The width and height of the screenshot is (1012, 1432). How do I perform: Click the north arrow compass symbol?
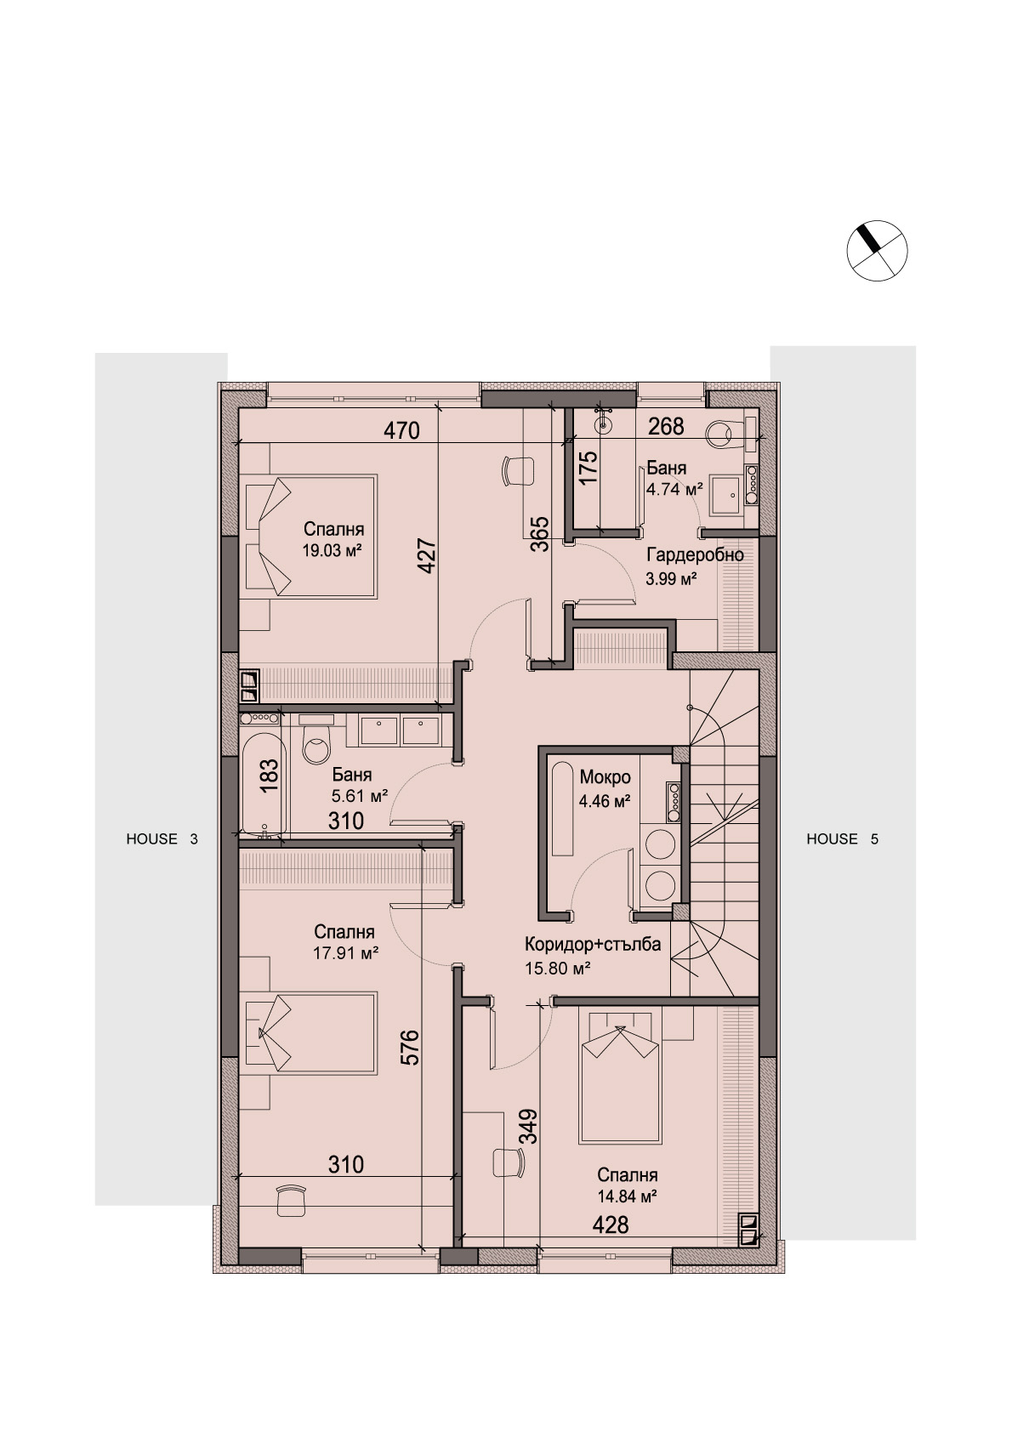coord(877,251)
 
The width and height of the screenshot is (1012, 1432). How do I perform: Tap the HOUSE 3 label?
coord(162,838)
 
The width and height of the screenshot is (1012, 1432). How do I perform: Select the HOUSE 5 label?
coord(843,838)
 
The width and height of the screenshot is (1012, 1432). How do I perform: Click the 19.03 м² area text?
coord(333,550)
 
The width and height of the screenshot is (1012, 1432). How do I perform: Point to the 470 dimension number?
coord(401,430)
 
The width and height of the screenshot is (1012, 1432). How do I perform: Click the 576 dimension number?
coord(413,1047)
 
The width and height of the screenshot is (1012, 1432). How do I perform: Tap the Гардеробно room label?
coord(695,555)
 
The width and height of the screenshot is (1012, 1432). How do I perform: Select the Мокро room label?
coord(605,776)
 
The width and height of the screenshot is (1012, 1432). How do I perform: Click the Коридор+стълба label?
coord(593,944)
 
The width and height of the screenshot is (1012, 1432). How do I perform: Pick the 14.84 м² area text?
coord(628,1196)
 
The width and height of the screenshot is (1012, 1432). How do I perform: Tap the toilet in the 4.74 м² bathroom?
coord(719,434)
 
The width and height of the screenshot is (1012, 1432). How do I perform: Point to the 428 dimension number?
coord(611,1225)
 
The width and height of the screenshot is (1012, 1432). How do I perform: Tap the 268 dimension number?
coord(666,426)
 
